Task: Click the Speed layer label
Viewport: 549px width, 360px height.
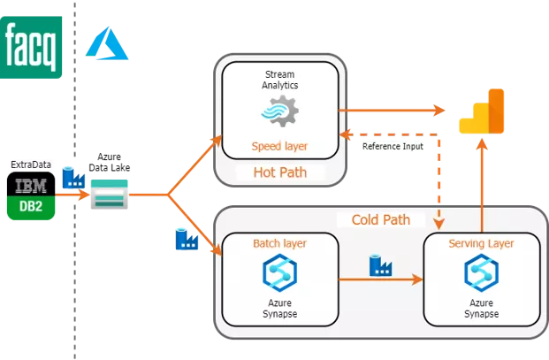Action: [279, 146]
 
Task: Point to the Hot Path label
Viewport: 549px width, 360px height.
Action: [279, 172]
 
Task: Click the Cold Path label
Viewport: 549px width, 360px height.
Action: [381, 218]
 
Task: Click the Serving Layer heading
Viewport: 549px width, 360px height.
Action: [481, 242]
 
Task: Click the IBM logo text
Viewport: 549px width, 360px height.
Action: [32, 186]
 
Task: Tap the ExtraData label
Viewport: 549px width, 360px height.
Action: [32, 165]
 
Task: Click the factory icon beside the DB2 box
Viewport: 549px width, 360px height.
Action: [74, 178]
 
